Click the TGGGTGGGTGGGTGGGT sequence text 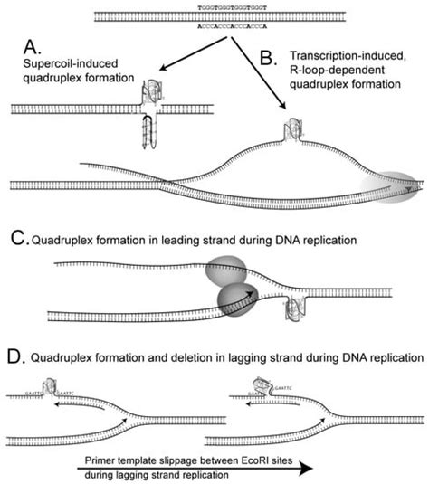tap(215, 5)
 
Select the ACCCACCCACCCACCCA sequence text tap(215, 27)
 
